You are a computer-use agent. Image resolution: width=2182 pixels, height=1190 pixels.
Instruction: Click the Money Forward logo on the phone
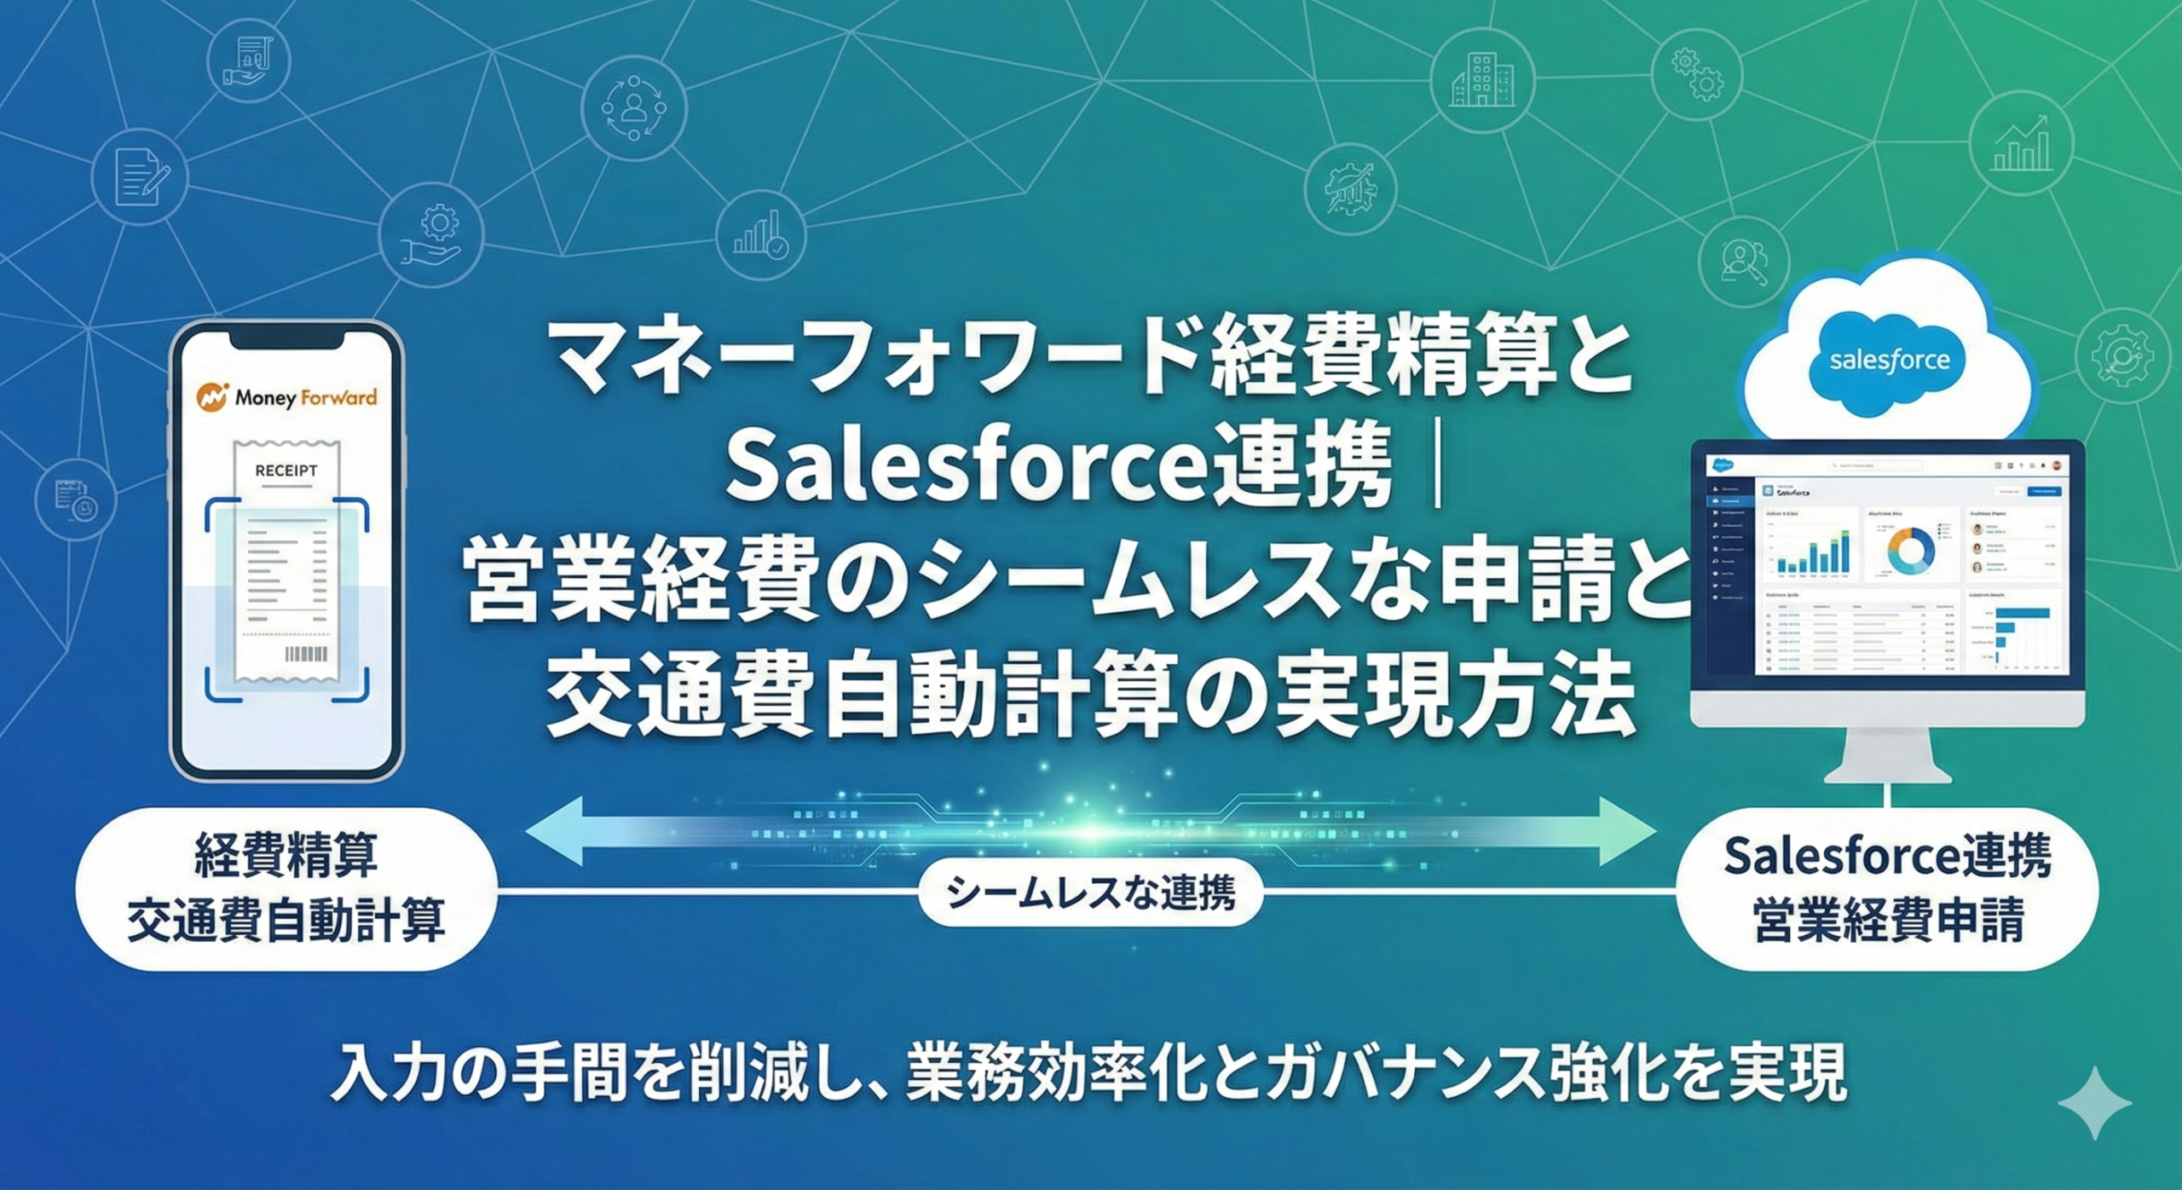[x=286, y=398]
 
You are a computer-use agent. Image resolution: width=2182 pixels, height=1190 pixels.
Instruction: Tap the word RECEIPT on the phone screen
[x=286, y=471]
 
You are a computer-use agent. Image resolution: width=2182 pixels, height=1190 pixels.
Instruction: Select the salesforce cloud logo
[x=1889, y=360]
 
